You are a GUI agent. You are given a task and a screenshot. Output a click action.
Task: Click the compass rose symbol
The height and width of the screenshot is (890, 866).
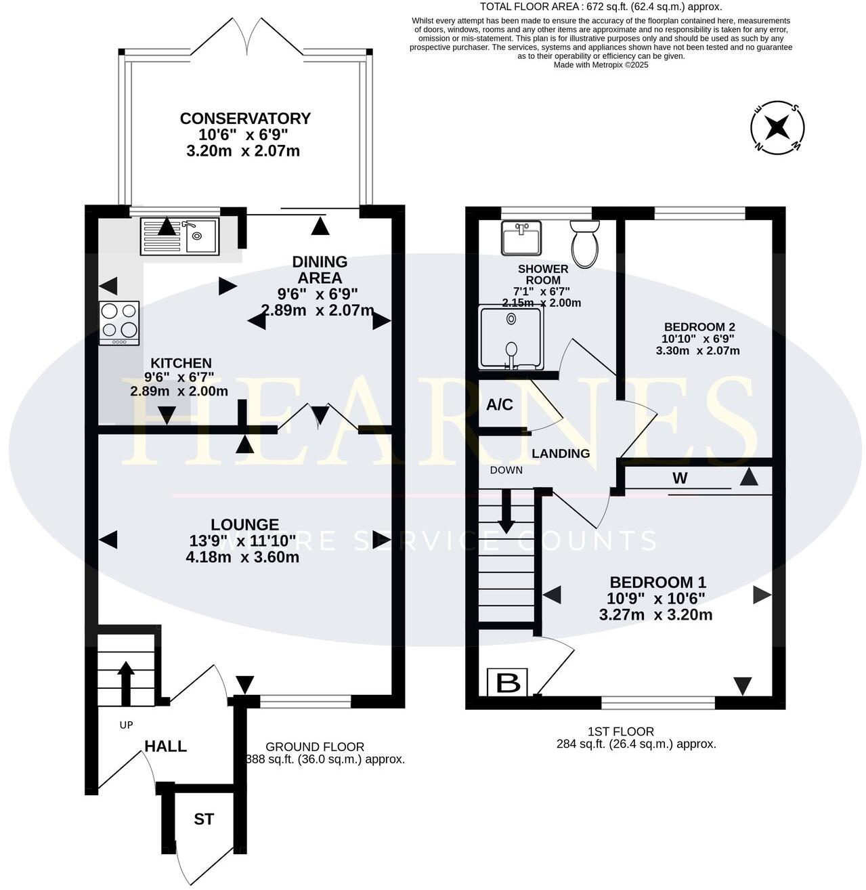[777, 127]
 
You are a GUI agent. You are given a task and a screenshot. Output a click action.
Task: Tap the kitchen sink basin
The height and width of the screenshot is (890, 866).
[202, 236]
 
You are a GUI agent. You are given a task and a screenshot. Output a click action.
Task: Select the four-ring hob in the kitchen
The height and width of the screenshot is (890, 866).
[119, 323]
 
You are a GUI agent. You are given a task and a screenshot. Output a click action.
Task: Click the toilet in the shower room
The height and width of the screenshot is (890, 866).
[585, 244]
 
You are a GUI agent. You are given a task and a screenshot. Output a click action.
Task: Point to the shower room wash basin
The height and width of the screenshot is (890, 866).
[521, 238]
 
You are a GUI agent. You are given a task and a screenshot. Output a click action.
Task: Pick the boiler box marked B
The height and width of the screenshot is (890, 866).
[508, 683]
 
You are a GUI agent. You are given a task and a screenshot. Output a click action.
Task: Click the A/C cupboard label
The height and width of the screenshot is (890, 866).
[499, 405]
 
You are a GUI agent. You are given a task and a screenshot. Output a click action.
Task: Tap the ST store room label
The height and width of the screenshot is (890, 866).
[204, 819]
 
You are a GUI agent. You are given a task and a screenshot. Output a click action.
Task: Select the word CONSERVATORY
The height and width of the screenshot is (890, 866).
[245, 119]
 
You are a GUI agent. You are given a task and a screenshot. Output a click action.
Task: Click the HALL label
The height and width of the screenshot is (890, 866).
[165, 746]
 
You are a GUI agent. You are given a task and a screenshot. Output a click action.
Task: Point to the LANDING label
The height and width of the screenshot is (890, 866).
[561, 453]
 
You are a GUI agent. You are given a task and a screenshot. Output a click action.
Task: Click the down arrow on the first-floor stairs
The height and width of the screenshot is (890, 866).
[506, 511]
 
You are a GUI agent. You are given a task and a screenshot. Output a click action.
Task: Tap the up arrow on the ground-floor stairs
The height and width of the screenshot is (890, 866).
[126, 683]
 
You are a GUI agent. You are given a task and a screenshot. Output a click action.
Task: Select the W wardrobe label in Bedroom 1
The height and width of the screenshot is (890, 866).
[680, 478]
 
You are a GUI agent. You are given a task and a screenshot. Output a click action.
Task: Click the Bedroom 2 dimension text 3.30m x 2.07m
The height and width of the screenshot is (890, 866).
[697, 351]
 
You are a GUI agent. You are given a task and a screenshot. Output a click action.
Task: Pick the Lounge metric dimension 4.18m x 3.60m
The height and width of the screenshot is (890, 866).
[243, 557]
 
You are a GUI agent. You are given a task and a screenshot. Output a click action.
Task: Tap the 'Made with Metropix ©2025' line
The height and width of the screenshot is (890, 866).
[601, 65]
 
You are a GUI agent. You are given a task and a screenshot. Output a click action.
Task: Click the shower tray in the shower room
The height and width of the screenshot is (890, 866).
[511, 337]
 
